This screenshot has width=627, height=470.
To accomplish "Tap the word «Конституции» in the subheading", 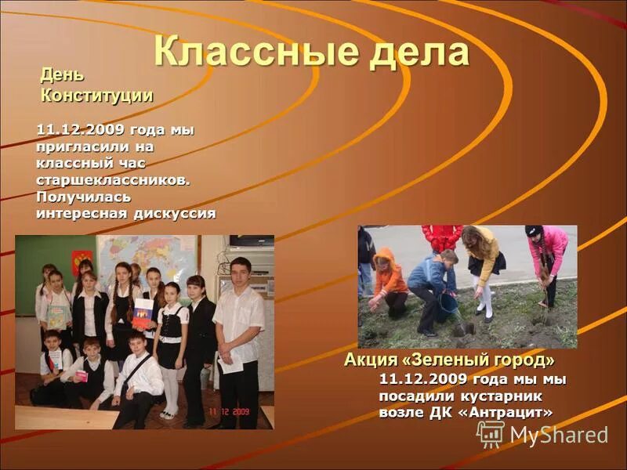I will click(96, 96).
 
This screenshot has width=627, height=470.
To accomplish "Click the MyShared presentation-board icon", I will click(491, 434).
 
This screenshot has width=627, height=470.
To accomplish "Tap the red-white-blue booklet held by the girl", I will click(143, 313).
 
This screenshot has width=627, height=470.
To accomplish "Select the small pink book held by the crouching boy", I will click(81, 375).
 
